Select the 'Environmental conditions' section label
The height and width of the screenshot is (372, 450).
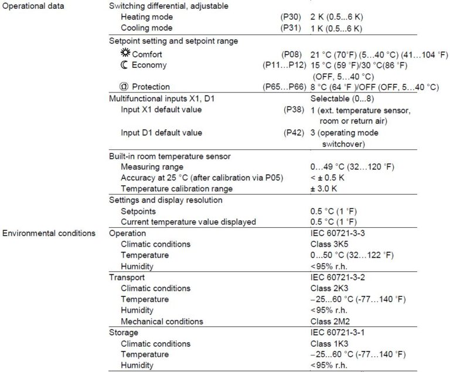[x=49, y=233]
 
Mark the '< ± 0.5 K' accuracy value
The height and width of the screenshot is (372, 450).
[x=330, y=178]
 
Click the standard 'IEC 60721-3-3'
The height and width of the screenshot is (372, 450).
[x=337, y=233]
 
